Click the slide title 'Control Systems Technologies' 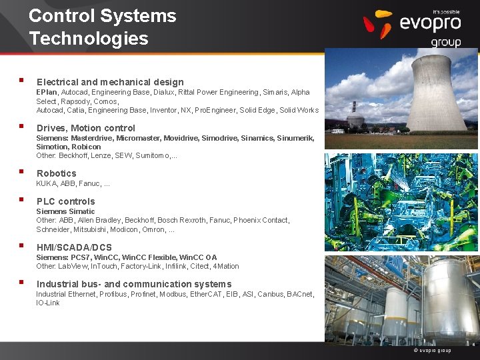click(102, 27)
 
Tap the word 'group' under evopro click(445, 42)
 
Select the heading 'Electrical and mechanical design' click(110, 82)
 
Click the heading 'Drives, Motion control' click(85, 128)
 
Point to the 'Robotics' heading click(57, 173)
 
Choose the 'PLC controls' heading click(65, 201)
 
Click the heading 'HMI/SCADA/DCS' click(74, 247)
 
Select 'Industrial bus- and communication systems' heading click(134, 284)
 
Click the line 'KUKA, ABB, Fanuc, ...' click(73, 183)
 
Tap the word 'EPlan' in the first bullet click(47, 92)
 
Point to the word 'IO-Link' click(48, 303)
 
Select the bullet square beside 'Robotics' click(23, 172)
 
